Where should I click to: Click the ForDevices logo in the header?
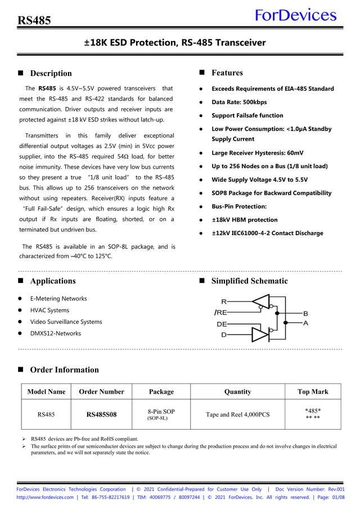[x=295, y=15]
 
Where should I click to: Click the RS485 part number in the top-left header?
[x=34, y=21]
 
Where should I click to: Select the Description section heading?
[x=51, y=73]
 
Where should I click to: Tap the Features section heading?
[x=227, y=73]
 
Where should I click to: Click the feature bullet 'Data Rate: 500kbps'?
[x=239, y=102]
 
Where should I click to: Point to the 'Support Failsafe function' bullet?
[x=247, y=116]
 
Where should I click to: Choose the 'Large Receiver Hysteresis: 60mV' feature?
[x=257, y=153]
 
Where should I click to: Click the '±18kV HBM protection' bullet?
[x=244, y=220]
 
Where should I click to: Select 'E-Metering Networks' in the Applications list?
[x=58, y=299]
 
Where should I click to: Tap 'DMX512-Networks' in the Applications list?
[x=55, y=334]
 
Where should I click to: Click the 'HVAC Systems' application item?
[x=49, y=310]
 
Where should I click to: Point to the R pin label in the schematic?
[x=224, y=302]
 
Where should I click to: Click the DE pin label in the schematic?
[x=222, y=325]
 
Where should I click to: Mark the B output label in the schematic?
[x=305, y=313]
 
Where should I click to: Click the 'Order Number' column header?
[x=101, y=391]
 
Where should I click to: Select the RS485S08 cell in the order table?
[x=101, y=415]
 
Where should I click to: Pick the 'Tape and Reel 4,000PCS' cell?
[x=237, y=415]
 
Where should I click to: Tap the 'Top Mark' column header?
[x=313, y=391]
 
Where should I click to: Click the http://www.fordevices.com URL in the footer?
[x=45, y=497]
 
